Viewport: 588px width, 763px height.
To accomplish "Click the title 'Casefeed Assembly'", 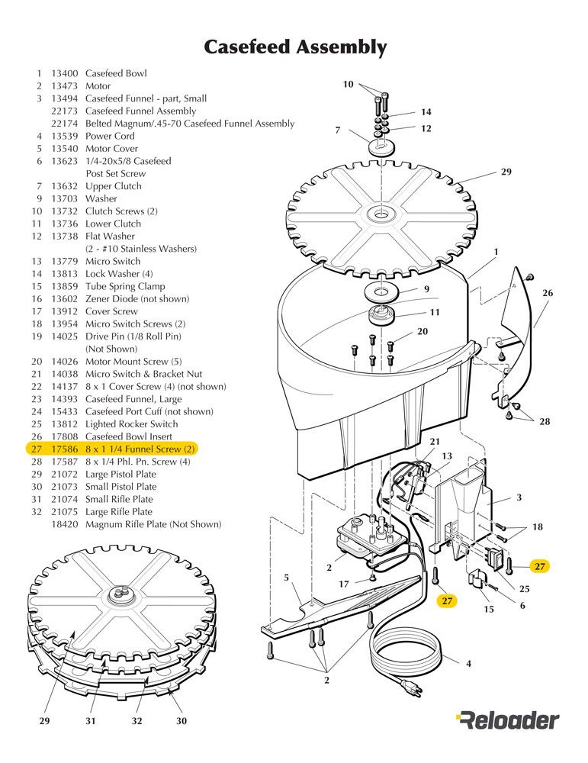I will tap(294, 47).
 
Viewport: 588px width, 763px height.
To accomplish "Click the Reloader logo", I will tap(508, 719).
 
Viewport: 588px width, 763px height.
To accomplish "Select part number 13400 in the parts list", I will tap(63, 73).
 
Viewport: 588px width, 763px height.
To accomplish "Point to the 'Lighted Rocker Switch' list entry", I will tap(131, 423).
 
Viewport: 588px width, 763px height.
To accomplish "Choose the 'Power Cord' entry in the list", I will tap(110, 136).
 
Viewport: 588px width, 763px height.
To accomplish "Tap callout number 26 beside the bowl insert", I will tap(548, 293).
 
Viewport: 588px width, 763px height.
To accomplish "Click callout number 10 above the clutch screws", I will tap(348, 85).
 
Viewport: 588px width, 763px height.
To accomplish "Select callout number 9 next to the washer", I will tap(426, 288).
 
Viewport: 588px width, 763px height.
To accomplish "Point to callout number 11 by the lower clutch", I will tap(435, 311).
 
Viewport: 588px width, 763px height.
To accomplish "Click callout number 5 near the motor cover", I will tap(286, 578).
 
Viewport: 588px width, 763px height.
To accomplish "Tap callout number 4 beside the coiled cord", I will tap(468, 663).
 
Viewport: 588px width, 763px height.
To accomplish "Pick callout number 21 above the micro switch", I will tap(435, 442).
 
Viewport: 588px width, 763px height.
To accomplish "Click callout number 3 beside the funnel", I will tap(519, 497).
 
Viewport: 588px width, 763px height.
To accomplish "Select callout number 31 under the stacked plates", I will tap(89, 720).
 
